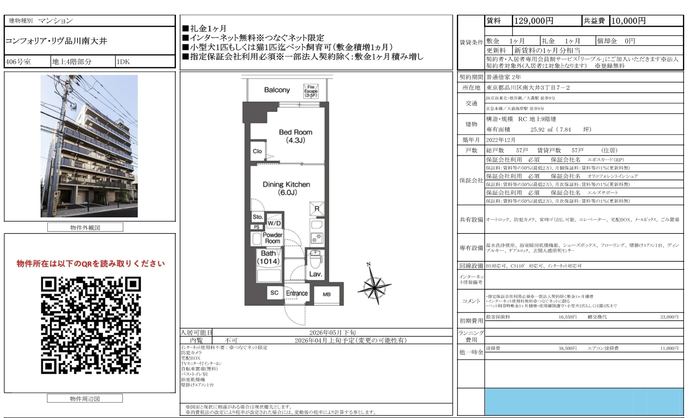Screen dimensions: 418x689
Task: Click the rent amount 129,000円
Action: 534,21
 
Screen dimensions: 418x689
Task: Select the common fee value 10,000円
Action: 628,21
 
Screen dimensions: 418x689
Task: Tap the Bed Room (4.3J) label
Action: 295,136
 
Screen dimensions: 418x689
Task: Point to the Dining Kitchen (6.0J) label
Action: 287,188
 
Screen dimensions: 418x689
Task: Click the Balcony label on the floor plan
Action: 277,90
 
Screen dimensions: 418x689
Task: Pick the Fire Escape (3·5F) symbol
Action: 311,91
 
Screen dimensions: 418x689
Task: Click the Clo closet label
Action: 257,151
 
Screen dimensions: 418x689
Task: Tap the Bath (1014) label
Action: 268,257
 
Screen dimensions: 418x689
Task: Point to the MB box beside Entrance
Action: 327,294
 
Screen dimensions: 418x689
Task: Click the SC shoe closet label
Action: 274,293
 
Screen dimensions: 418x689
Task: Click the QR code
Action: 91,325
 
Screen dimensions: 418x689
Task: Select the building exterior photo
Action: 89,146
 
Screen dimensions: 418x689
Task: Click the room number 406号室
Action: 18,62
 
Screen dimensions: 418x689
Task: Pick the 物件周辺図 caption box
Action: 85,399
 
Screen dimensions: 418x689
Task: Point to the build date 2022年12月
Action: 501,140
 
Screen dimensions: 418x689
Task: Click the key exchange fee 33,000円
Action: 669,317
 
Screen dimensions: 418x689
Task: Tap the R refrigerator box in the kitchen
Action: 317,209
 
